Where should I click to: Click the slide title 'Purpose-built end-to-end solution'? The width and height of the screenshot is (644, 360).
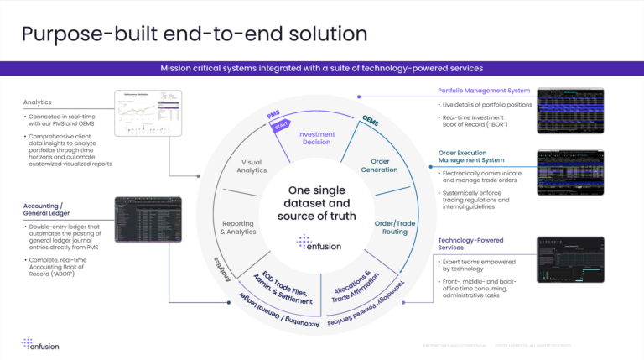point(194,34)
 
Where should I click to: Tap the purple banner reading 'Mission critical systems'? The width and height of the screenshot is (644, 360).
point(321,68)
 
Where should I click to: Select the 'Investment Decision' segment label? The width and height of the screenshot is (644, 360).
point(316,138)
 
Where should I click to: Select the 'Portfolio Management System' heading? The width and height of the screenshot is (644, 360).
point(483,91)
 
